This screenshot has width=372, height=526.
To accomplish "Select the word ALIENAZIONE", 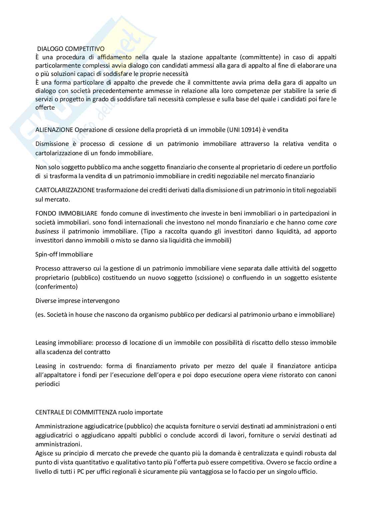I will point(54,130).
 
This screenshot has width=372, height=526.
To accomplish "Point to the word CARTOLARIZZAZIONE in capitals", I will point(65,190).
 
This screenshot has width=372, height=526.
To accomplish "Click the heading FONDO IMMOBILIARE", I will point(66,213).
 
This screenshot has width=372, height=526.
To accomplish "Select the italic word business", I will point(47,231).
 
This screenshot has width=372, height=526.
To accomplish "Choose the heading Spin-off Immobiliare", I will point(64,254).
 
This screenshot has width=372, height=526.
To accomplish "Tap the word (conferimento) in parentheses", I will point(56,286).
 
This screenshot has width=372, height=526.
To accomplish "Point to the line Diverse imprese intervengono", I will point(77,300).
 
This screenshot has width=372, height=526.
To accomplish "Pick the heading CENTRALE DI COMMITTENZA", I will point(76,412).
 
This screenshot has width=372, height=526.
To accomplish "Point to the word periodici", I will point(47,384).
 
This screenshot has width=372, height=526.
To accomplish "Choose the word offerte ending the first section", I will point(45,107).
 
